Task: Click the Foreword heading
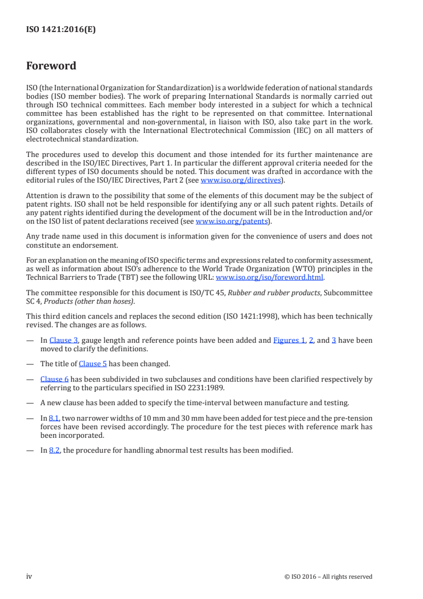point(51,66)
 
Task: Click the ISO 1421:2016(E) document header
point(61,30)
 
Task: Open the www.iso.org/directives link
point(241,180)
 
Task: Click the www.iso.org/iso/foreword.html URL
point(269,277)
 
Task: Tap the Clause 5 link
point(93,364)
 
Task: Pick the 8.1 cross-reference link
point(54,418)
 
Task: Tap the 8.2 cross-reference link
point(54,450)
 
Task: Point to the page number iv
point(29,576)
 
